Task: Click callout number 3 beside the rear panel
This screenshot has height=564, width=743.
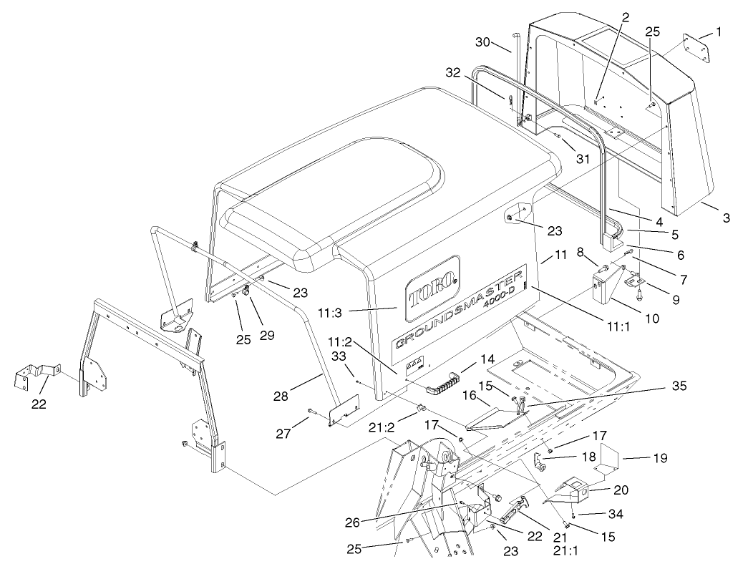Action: tap(727, 218)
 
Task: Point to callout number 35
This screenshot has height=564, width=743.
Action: tap(678, 386)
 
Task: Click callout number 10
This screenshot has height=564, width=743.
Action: tap(652, 318)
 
